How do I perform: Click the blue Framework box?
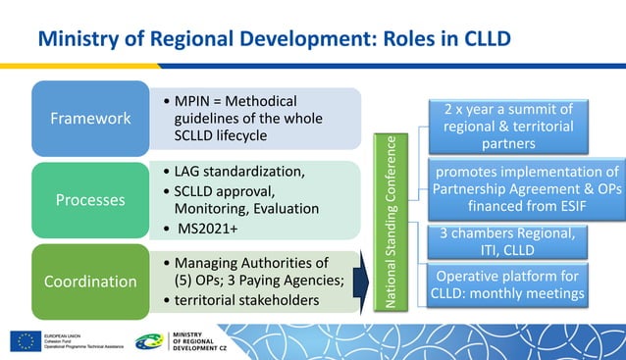pyautogui.click(x=91, y=118)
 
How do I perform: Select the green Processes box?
pyautogui.click(x=91, y=199)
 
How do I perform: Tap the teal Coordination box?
pyautogui.click(x=91, y=281)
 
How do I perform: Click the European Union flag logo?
pyautogui.click(x=25, y=340)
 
